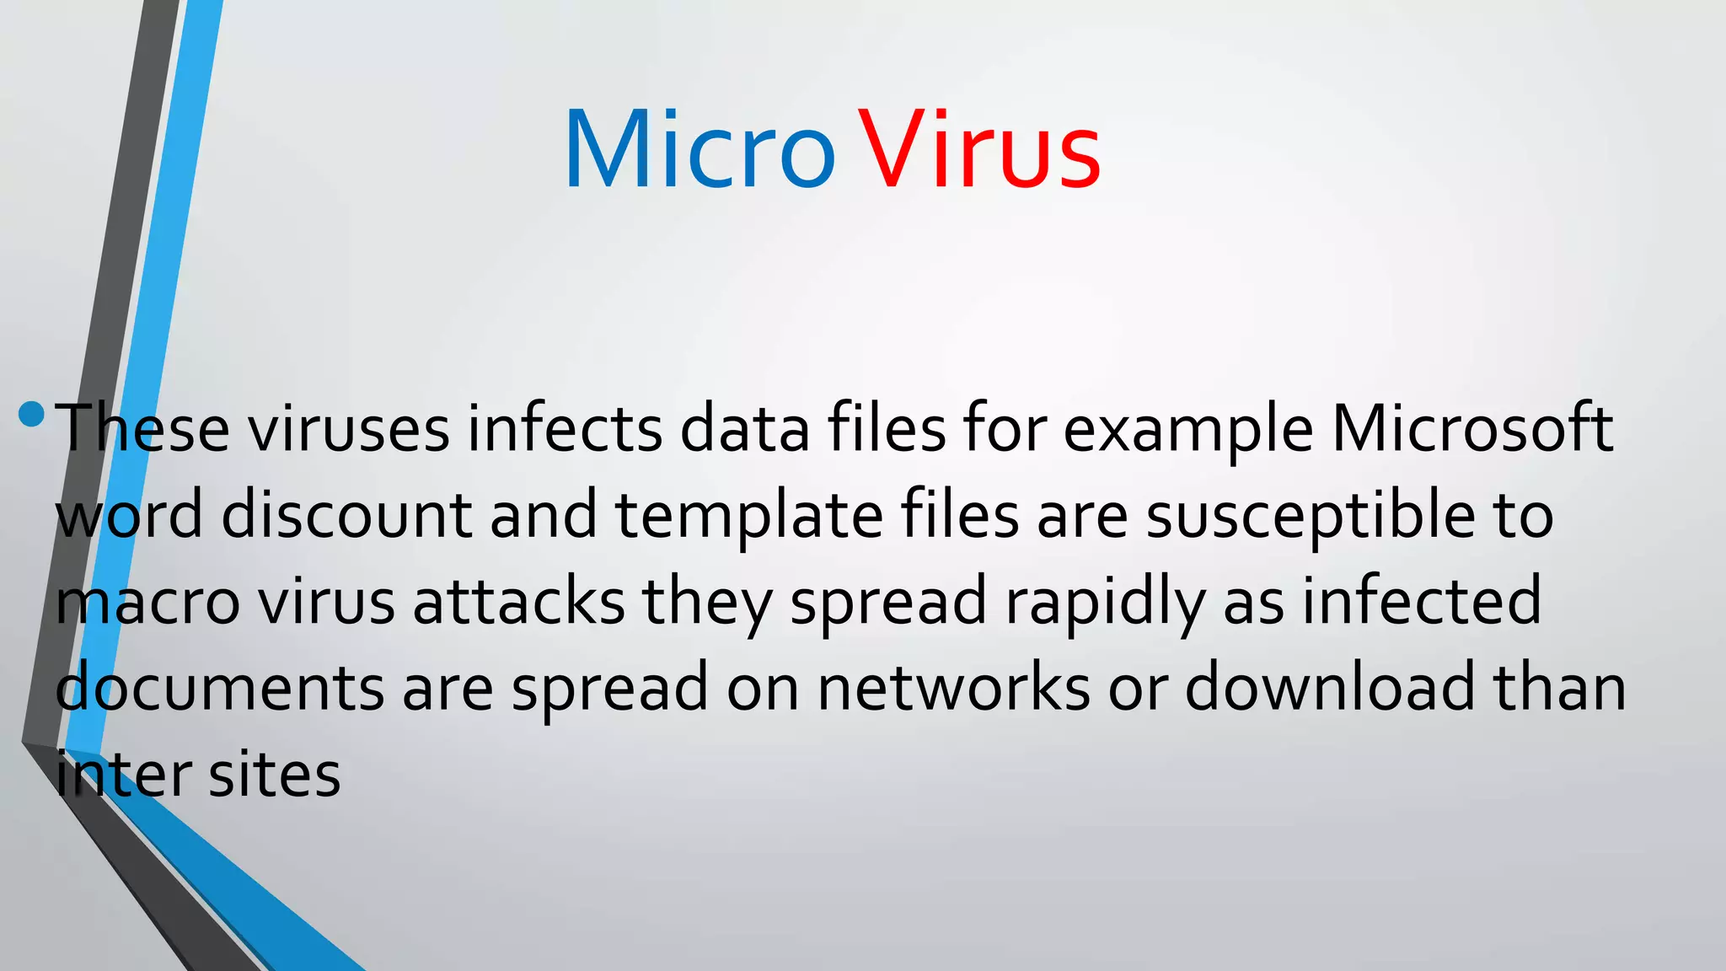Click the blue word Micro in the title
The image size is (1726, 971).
click(699, 150)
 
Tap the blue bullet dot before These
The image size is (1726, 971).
click(31, 414)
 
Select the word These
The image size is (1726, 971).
click(142, 428)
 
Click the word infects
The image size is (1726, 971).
click(565, 428)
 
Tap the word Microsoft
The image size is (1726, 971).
click(1471, 428)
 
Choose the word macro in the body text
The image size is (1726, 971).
click(147, 602)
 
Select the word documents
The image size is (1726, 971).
click(220, 688)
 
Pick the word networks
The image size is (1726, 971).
click(954, 688)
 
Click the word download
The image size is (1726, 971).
click(1330, 688)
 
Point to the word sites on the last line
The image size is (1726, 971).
click(274, 775)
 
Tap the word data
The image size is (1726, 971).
click(744, 428)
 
